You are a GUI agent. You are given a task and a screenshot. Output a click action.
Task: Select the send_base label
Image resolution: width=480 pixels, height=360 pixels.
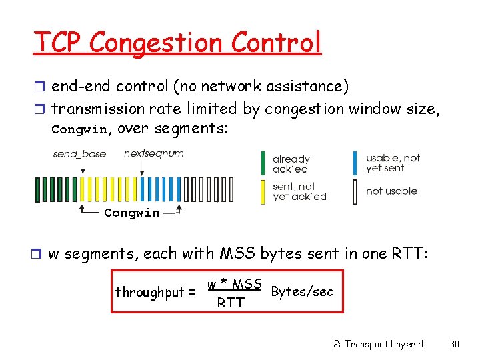point(79,154)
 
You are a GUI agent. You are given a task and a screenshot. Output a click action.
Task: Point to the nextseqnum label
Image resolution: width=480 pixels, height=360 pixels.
point(154,154)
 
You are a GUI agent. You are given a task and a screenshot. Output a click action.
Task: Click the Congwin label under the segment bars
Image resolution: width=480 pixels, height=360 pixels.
point(132,213)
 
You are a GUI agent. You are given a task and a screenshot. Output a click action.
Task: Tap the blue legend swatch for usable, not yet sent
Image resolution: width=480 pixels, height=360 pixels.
point(356,164)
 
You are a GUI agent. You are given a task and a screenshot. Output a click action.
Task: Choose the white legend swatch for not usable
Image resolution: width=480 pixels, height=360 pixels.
point(356,191)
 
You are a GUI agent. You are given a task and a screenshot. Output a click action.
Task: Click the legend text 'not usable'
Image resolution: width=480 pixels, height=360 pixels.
point(391,191)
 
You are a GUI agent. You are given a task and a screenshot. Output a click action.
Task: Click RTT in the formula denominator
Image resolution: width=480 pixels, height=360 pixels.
point(231,303)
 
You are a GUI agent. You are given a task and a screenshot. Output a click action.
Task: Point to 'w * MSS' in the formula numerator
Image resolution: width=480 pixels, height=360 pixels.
point(234,285)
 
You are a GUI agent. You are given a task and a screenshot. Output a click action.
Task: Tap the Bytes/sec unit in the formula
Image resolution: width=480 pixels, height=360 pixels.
point(302,292)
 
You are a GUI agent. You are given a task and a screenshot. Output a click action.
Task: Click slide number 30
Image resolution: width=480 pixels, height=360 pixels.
point(455,344)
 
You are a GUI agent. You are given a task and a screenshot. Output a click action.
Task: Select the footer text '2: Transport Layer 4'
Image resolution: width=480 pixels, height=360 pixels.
point(378,344)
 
